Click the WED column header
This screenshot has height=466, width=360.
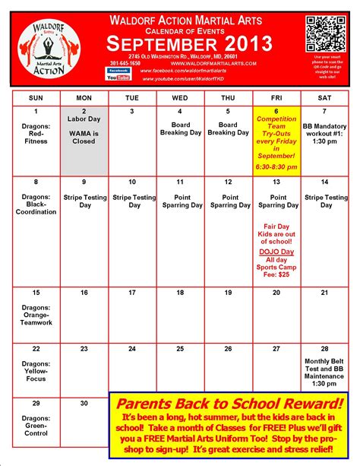(x=180, y=98)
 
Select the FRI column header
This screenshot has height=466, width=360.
(x=276, y=98)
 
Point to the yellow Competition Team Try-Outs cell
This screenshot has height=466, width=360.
(x=276, y=141)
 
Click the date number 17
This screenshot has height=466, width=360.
(x=132, y=293)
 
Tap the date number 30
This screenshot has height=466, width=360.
(x=84, y=402)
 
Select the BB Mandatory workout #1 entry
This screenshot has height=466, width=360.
(x=324, y=125)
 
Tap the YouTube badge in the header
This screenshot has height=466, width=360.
(x=118, y=77)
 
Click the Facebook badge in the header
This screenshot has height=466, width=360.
(x=118, y=70)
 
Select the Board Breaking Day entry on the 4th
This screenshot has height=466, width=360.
(x=180, y=129)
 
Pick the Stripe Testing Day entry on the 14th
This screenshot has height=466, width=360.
(x=324, y=201)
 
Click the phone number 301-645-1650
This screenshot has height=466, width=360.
(x=124, y=63)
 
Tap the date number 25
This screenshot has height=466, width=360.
(x=180, y=348)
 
